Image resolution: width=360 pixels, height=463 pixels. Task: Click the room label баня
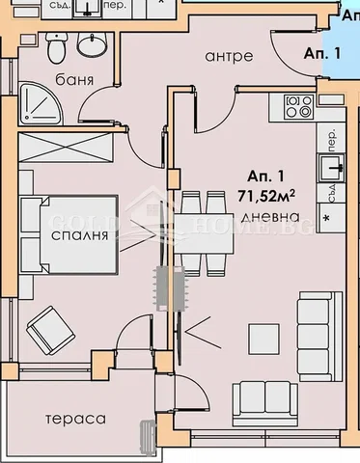click(x=73, y=80)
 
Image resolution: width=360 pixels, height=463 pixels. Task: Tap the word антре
click(x=229, y=56)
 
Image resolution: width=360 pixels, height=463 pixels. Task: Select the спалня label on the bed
click(x=74, y=235)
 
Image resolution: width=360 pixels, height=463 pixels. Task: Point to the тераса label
click(x=73, y=419)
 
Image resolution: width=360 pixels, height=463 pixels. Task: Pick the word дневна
click(x=264, y=215)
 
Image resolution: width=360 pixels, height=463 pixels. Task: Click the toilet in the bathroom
click(x=59, y=45)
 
